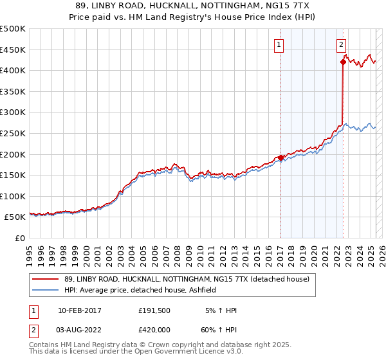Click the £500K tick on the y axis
[13, 29]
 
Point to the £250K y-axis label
[13, 133]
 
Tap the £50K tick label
[15, 217]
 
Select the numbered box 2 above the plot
[341, 44]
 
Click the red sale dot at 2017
[280, 157]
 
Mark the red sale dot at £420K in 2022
[343, 62]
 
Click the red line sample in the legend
[45, 279]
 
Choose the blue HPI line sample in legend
[45, 290]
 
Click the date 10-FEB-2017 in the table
[79, 310]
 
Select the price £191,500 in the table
[155, 310]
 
